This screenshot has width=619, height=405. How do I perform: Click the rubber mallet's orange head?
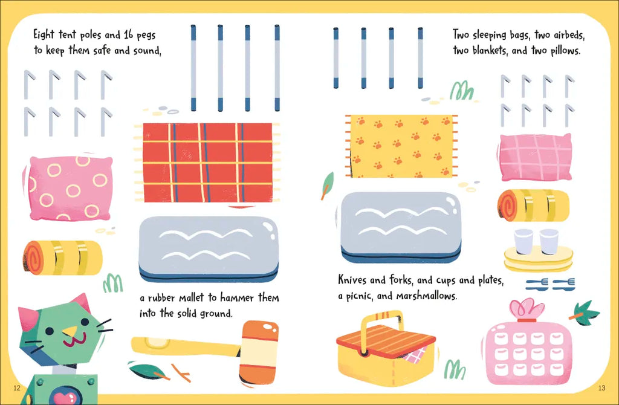point(259,352)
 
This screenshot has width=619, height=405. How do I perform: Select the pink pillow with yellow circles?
point(70,188)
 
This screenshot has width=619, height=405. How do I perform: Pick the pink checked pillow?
point(536,157)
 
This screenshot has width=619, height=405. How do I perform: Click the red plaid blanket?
point(208,163)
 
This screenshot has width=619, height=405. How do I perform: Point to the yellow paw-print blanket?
point(401,146)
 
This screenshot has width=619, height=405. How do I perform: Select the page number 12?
point(16,387)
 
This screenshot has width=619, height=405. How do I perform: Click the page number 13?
point(601,388)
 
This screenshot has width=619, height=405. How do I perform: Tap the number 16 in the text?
point(129,34)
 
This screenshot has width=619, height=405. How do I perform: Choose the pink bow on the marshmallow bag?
point(527,309)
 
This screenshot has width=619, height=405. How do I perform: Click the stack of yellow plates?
point(539,259)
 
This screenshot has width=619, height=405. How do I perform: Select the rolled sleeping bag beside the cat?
point(63,258)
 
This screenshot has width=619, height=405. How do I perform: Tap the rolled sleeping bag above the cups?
point(533,206)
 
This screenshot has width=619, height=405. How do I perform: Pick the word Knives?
point(352,279)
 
